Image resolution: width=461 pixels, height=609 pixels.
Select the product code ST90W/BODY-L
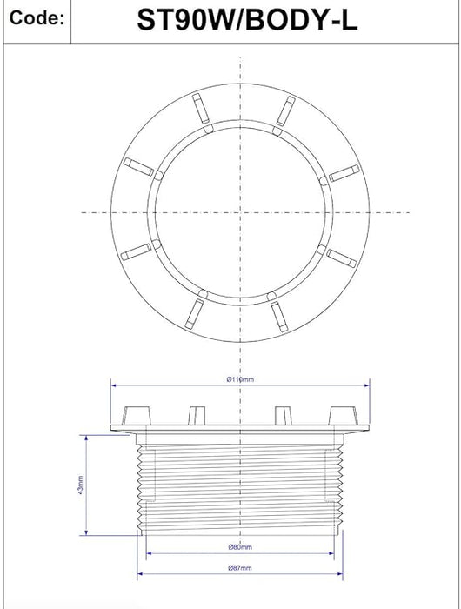(x=246, y=21)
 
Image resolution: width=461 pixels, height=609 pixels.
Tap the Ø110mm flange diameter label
(x=241, y=380)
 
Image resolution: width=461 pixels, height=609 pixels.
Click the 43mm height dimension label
(x=79, y=485)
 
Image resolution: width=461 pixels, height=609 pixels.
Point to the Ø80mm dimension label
(x=240, y=547)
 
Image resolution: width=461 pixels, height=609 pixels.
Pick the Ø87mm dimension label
(x=240, y=570)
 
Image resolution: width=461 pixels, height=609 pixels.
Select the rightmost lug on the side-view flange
(x=345, y=413)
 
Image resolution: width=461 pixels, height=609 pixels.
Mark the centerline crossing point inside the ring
(x=239, y=211)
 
